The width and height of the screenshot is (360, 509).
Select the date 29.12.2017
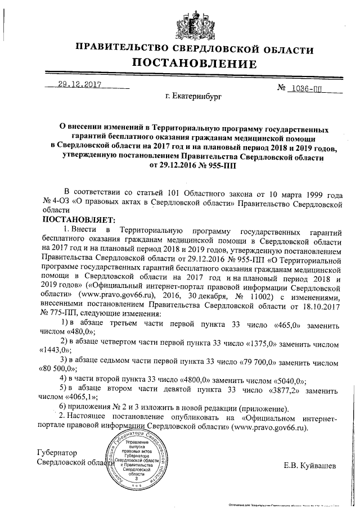click(x=78, y=87)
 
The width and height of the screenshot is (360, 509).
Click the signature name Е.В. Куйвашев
click(x=312, y=466)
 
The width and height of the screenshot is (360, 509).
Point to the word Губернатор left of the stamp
click(x=56, y=453)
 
